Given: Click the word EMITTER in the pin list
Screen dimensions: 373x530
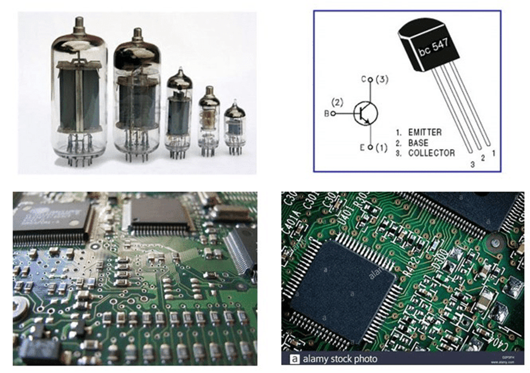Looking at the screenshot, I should pyautogui.click(x=425, y=132).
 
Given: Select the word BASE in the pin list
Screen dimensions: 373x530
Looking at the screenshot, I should pyautogui.click(x=418, y=142).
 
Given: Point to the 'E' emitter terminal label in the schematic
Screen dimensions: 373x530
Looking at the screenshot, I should pyautogui.click(x=363, y=147).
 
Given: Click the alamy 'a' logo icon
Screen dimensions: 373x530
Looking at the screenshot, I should pyautogui.click(x=294, y=359).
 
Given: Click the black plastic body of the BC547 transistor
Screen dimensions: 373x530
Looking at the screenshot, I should pyautogui.click(x=429, y=46).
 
